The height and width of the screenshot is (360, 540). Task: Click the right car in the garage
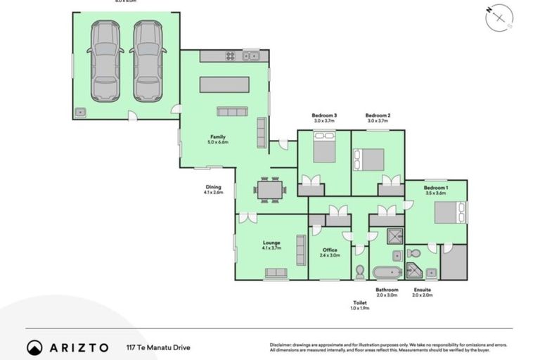148,61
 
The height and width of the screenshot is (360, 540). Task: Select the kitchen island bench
224,84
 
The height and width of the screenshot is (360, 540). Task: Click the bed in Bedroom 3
324,153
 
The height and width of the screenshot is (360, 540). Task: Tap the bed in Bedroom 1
449,212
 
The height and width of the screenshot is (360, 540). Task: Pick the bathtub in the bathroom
387,272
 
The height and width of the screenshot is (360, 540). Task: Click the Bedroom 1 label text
436,188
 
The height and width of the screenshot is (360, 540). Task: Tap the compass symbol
500,18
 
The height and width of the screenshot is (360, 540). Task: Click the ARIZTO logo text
77,347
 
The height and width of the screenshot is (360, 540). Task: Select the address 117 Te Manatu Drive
157,347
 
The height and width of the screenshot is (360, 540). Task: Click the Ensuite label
423,290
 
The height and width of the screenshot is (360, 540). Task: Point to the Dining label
213,187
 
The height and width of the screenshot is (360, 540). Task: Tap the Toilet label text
360,303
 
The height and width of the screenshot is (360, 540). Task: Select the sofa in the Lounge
276,273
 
